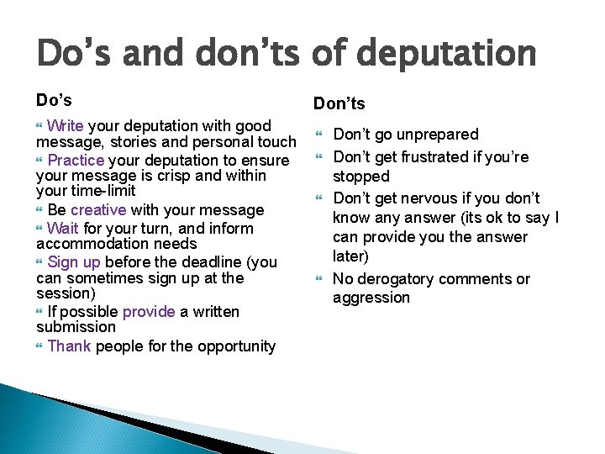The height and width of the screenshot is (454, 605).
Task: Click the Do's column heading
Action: pyautogui.click(x=54, y=99)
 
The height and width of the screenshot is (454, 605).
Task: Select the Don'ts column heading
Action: pyautogui.click(x=339, y=103)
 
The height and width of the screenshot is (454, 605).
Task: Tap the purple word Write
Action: pyautogui.click(x=66, y=126)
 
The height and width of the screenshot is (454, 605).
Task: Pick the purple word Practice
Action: pyautogui.click(x=76, y=160)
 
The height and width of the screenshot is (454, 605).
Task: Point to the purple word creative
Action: pyautogui.click(x=98, y=209)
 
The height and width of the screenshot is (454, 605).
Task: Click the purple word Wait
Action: pyautogui.click(x=64, y=228)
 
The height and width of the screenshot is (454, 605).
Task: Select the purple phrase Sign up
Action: pyautogui.click(x=74, y=261)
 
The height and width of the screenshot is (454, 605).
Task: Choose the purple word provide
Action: pyautogui.click(x=149, y=312)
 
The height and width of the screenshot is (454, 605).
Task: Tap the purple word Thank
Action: pyautogui.click(x=70, y=346)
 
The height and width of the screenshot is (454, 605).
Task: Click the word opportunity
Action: pyautogui.click(x=234, y=346)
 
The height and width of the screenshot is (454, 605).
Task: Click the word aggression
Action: pyautogui.click(x=371, y=297)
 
